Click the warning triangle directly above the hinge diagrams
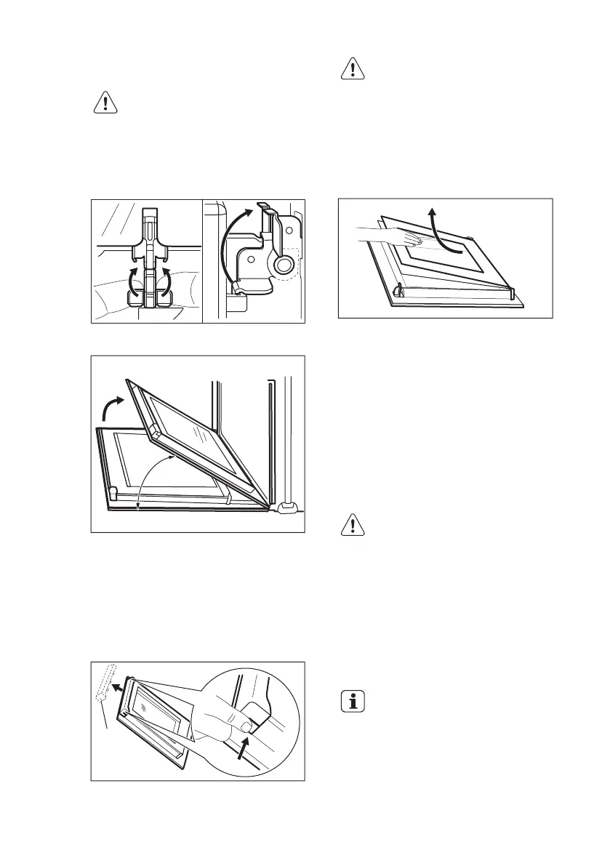click(106, 103)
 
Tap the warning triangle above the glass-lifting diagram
click(353, 69)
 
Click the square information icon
click(353, 702)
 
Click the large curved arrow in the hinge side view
click(233, 248)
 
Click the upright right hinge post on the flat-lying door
click(513, 293)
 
